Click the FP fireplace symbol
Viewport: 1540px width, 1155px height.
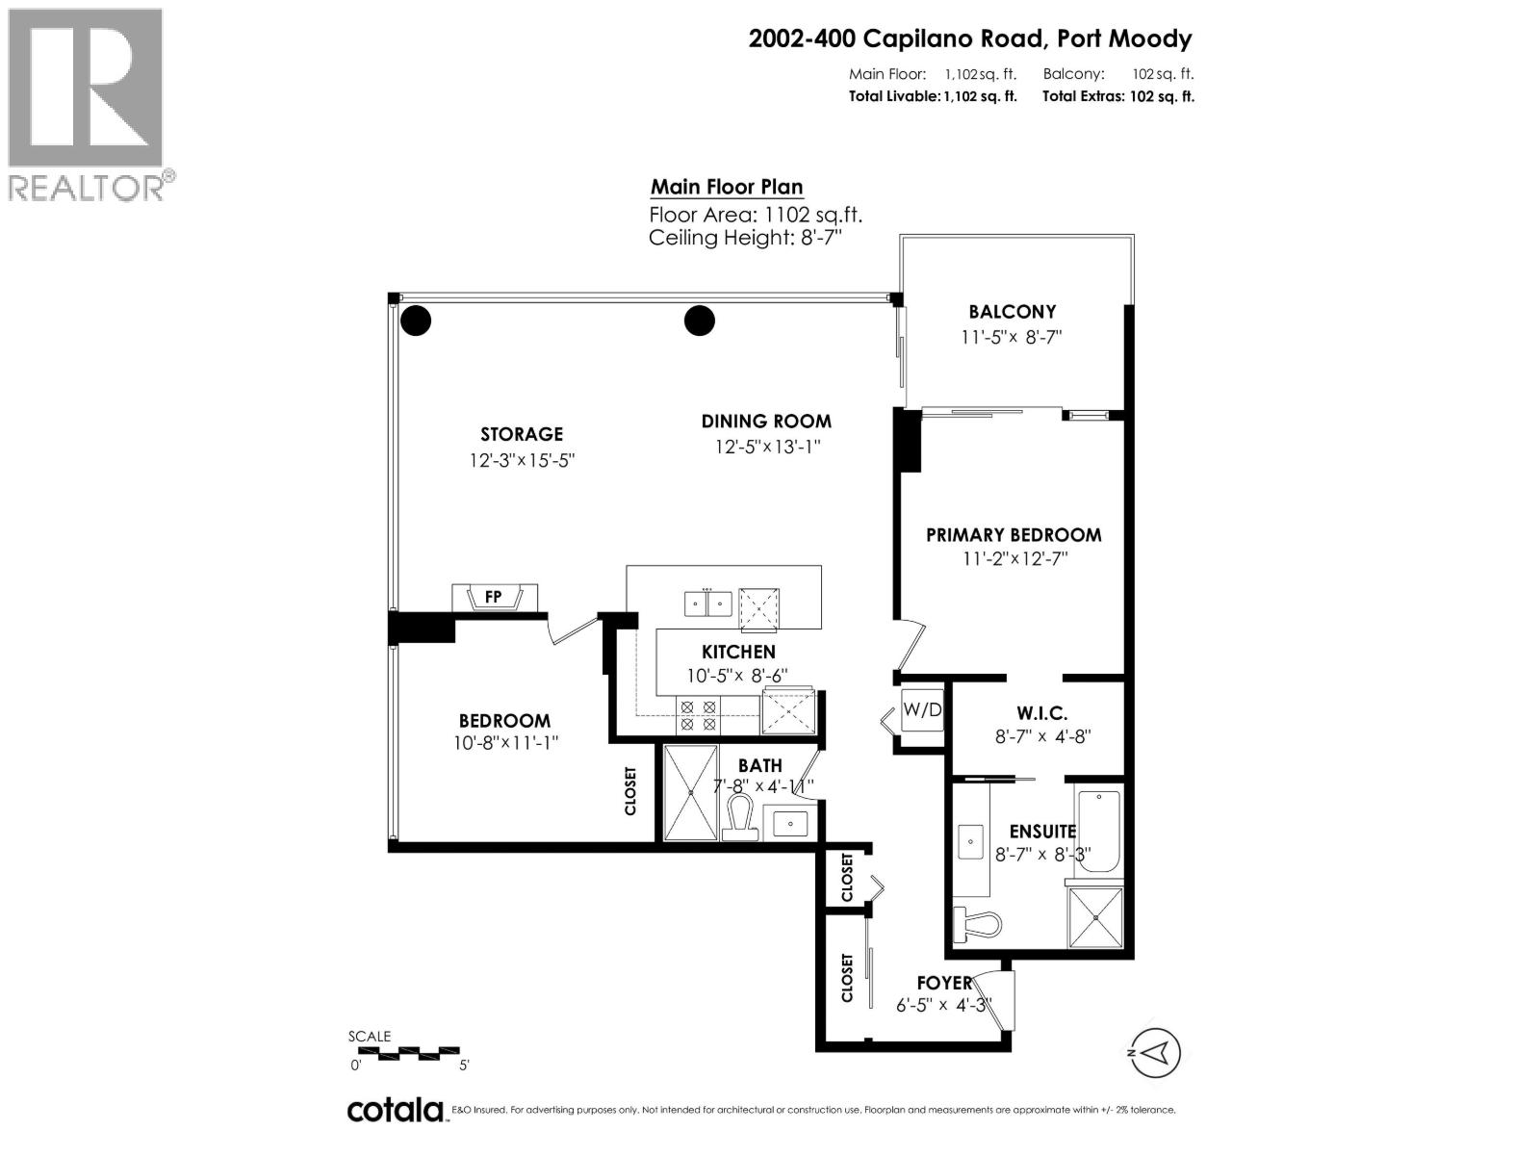pos(494,598)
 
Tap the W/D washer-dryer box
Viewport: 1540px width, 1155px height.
pos(922,711)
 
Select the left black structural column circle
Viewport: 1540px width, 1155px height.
pos(416,321)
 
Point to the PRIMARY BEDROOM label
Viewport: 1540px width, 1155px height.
pos(1014,535)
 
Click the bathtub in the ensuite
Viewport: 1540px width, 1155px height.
pos(1097,831)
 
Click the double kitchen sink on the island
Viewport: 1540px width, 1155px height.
pos(708,603)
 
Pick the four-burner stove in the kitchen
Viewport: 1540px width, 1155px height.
pos(699,714)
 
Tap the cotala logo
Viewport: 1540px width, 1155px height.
pos(396,1110)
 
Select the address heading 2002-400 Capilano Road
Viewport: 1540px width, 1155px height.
pos(970,39)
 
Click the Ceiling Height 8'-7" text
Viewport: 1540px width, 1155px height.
pos(745,238)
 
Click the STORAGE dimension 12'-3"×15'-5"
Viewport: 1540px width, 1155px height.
pos(522,460)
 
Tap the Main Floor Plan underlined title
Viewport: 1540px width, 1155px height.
pos(727,187)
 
